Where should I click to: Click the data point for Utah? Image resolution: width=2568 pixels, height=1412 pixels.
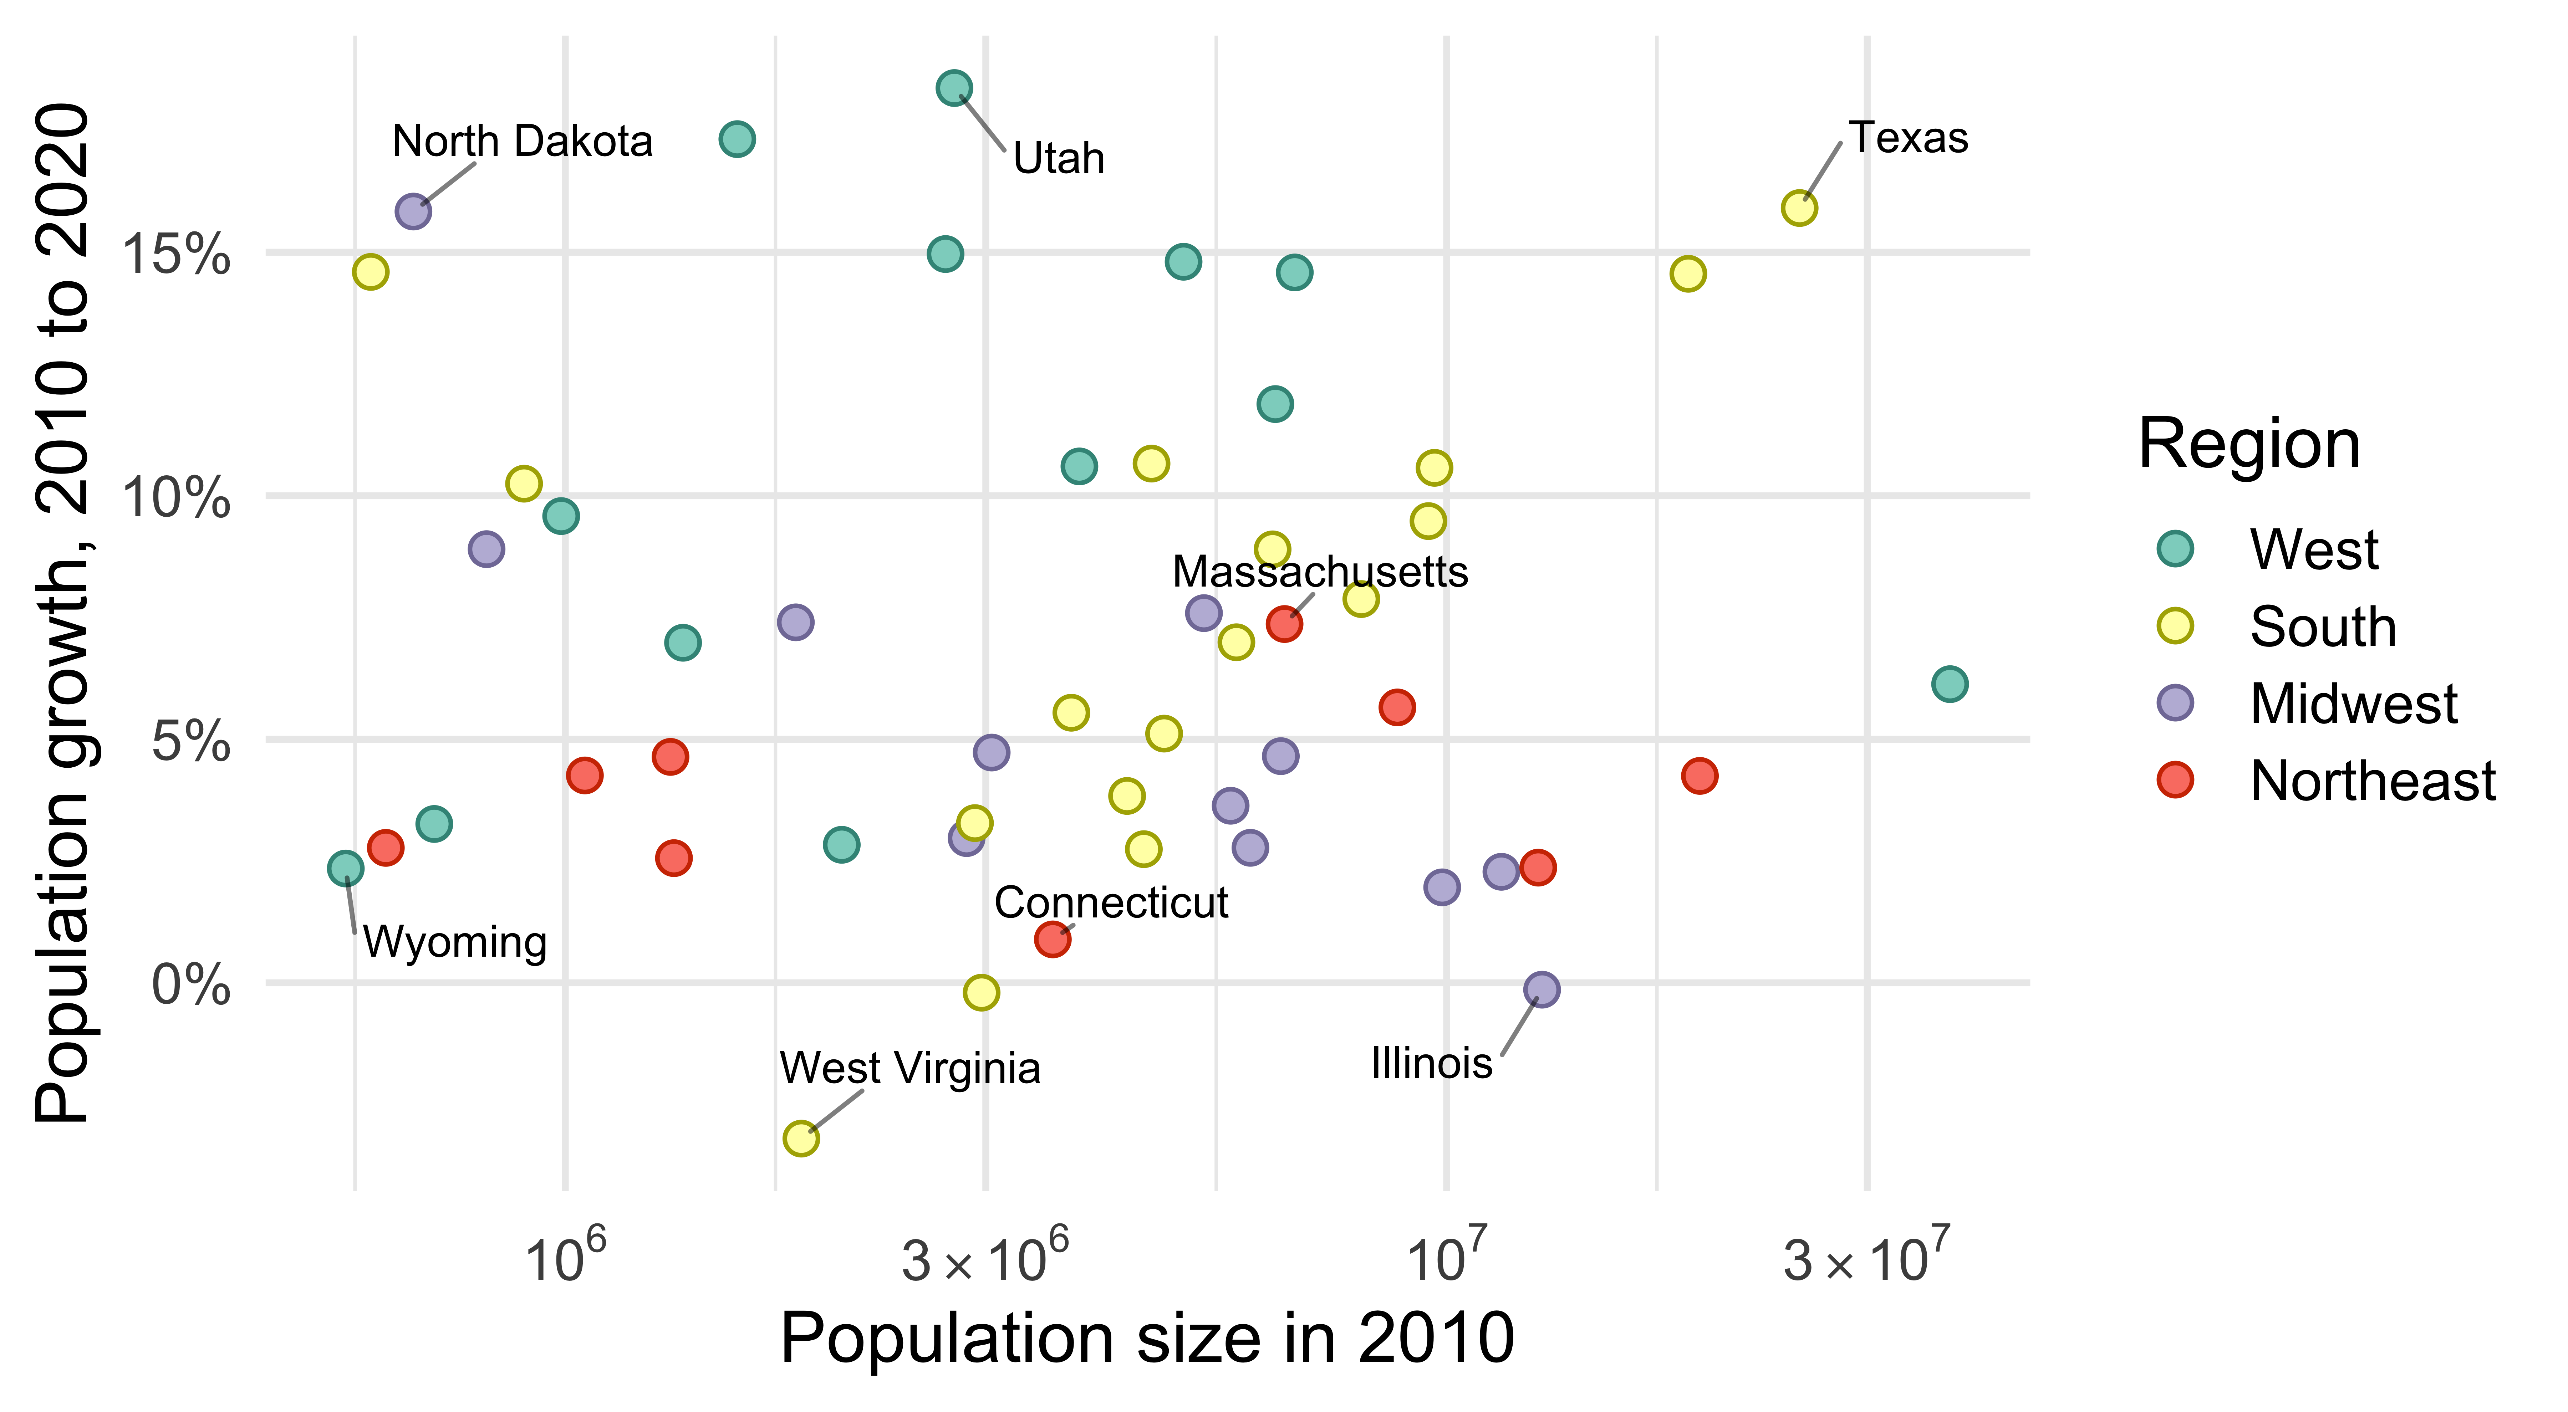point(954,88)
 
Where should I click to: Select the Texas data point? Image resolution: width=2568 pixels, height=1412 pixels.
point(1799,208)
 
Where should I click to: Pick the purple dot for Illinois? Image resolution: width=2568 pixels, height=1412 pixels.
point(1541,989)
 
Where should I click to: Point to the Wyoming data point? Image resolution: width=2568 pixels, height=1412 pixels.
point(345,868)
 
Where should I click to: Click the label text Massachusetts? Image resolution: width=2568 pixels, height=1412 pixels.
point(1320,572)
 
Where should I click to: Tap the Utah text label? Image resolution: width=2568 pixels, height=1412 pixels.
point(1059,158)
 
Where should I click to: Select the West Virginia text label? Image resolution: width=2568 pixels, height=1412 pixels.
point(909,1068)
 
